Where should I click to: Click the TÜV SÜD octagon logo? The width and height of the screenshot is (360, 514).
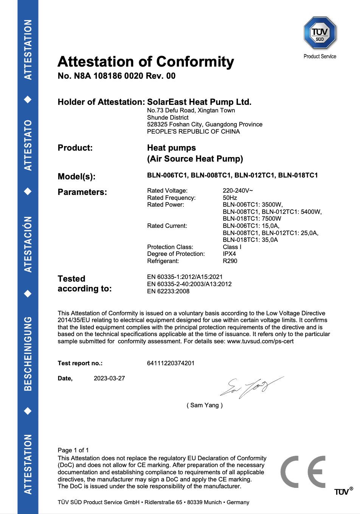pos(320,33)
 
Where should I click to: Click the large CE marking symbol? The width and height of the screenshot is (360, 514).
pos(303,472)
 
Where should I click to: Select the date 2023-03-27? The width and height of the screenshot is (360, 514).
pos(109,378)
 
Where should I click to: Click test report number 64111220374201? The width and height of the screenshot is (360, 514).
pos(171,363)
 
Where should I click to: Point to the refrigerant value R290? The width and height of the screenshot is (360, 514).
pos(230,261)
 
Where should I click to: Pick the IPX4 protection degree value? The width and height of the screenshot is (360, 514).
pos(229,254)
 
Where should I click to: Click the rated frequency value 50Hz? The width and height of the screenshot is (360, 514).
pos(230,198)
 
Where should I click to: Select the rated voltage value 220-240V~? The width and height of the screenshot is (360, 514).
pos(237,190)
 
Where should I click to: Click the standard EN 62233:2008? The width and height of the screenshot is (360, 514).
pos(168,291)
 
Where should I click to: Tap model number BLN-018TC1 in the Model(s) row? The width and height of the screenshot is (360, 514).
pos(298,175)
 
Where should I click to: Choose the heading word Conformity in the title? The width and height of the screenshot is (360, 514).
pos(195,62)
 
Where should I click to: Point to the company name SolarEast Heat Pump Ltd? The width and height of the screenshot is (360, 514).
pos(199,102)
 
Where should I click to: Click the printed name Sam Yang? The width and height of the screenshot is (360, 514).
pos(205,405)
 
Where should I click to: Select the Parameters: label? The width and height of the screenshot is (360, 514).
pos(82,192)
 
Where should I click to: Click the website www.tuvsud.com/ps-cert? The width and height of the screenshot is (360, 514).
pos(260,341)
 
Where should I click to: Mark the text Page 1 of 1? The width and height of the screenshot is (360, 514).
pos(73,450)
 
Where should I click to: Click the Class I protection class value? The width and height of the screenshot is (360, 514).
pos(232,247)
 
